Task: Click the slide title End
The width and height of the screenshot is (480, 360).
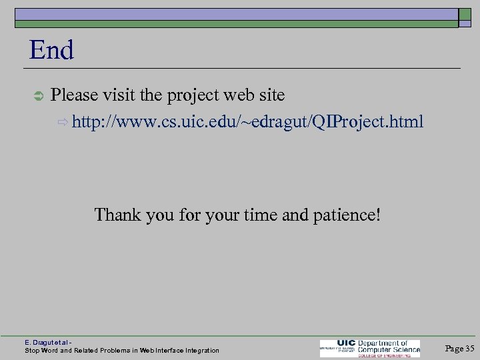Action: click(x=51, y=51)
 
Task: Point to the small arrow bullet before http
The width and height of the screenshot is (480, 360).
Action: click(x=64, y=123)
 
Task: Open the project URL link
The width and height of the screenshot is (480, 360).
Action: click(x=247, y=122)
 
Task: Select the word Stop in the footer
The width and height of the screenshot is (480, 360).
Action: click(x=32, y=350)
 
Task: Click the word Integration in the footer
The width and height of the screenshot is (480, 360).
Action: click(x=197, y=350)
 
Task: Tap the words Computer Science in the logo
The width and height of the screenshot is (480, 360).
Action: click(x=389, y=348)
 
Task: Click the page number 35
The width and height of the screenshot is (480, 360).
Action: click(x=469, y=348)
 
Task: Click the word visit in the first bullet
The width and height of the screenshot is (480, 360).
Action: click(x=119, y=95)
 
